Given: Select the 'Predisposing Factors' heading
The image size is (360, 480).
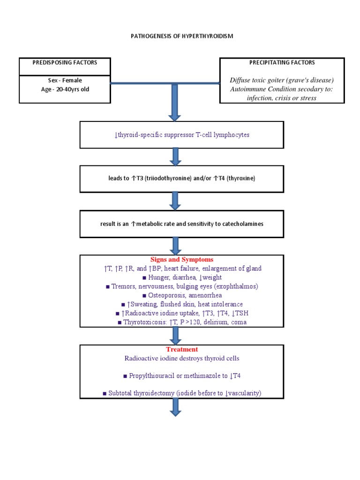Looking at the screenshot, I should [65, 62].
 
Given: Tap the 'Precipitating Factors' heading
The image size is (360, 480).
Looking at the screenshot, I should [282, 62].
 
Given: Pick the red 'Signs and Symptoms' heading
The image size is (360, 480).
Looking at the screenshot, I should [181, 260].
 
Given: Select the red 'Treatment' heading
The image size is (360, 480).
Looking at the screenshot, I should [181, 350].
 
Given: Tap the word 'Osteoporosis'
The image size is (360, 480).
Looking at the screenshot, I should [167, 295].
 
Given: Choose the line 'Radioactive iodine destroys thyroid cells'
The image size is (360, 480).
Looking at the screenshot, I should [181, 359].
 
